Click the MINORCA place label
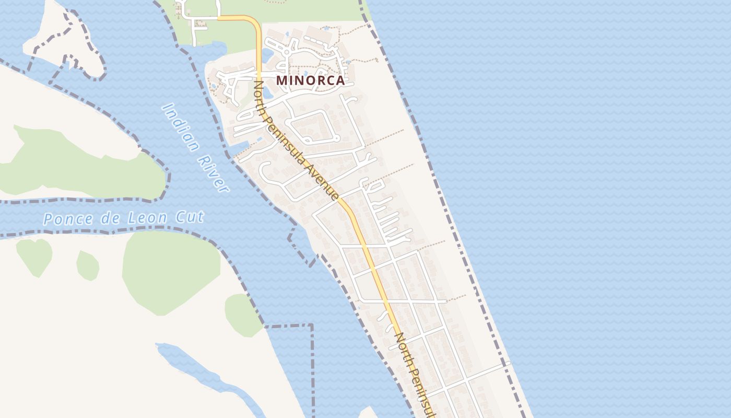(310, 80)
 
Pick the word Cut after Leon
(189, 216)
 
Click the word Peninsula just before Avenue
(288, 140)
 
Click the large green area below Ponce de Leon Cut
(170, 272)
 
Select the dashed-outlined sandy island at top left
(63, 42)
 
